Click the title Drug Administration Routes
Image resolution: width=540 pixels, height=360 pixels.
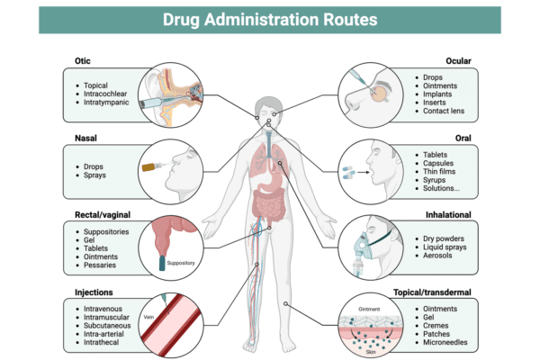tap(270, 20)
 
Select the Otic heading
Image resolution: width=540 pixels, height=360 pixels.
tap(75, 61)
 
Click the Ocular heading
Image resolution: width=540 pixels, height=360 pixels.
tap(458, 61)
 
